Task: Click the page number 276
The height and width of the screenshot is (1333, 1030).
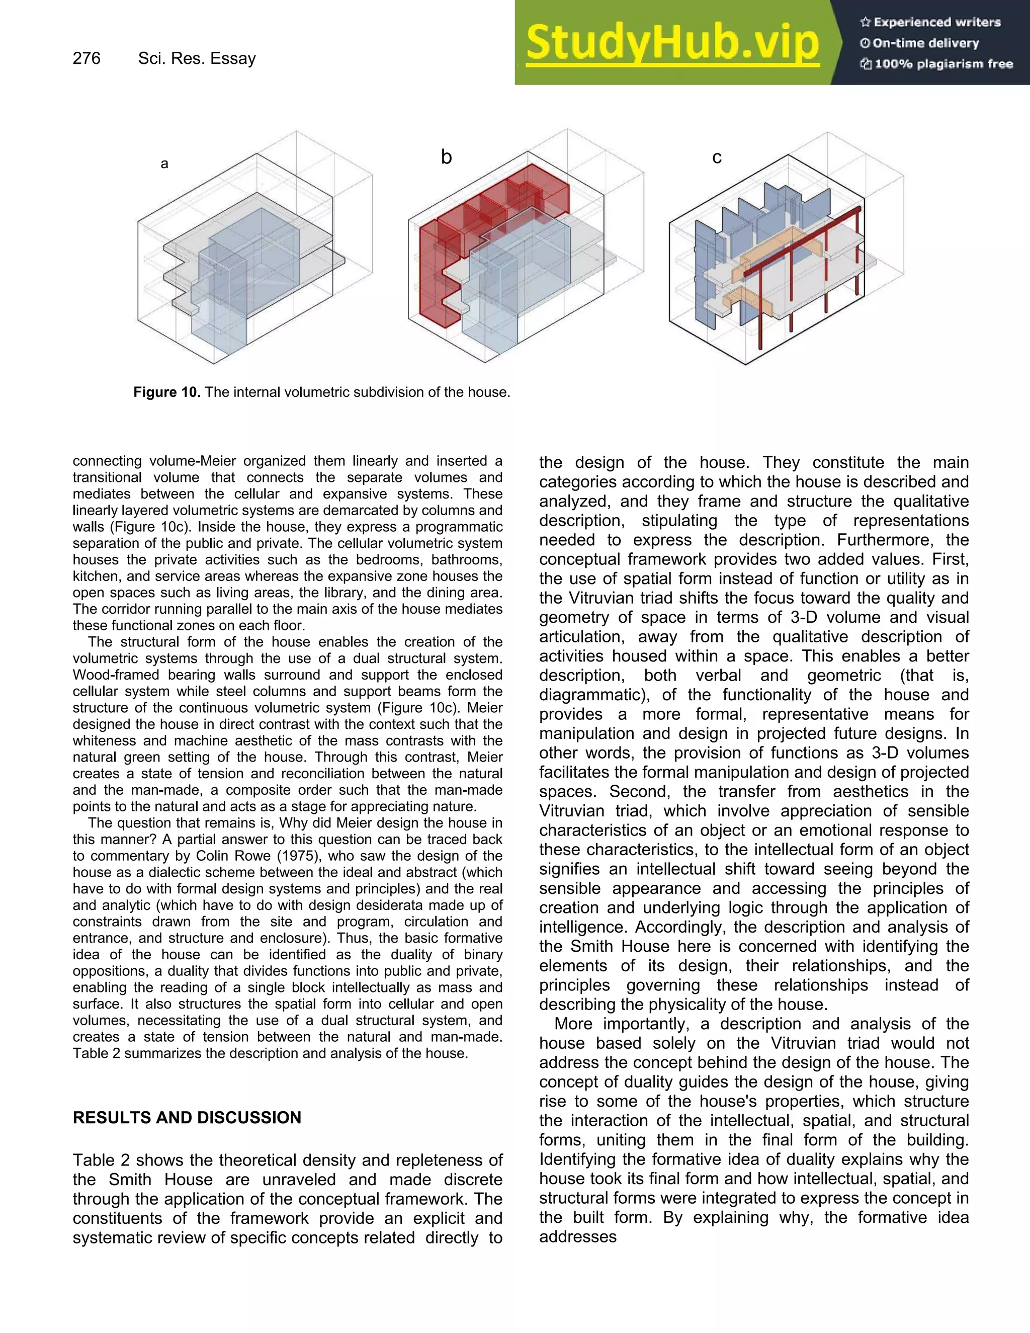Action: click(x=87, y=58)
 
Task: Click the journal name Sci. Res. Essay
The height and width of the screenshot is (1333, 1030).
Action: click(x=197, y=58)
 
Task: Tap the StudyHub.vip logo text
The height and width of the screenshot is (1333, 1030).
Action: click(x=672, y=43)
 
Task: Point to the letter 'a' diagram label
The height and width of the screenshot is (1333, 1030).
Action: click(x=164, y=163)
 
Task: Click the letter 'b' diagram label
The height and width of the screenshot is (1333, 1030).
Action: click(x=446, y=157)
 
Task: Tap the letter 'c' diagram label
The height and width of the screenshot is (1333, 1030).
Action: click(x=717, y=157)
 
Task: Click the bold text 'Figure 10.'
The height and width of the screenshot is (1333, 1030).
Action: click(x=166, y=392)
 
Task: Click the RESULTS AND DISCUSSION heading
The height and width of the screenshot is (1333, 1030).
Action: click(x=187, y=1118)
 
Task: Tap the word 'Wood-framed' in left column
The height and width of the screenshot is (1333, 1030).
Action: click(x=111, y=675)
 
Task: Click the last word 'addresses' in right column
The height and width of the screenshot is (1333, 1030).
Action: click(x=577, y=1236)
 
